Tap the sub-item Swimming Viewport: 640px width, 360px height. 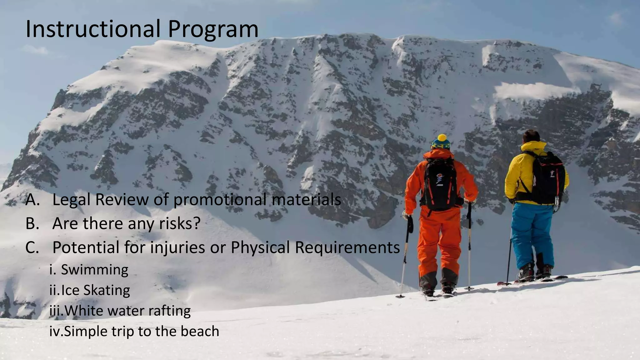pos(94,270)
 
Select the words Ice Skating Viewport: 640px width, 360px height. pos(95,290)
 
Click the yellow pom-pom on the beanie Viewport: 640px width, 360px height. pos(442,138)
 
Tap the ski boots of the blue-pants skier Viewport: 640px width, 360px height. pos(534,272)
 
